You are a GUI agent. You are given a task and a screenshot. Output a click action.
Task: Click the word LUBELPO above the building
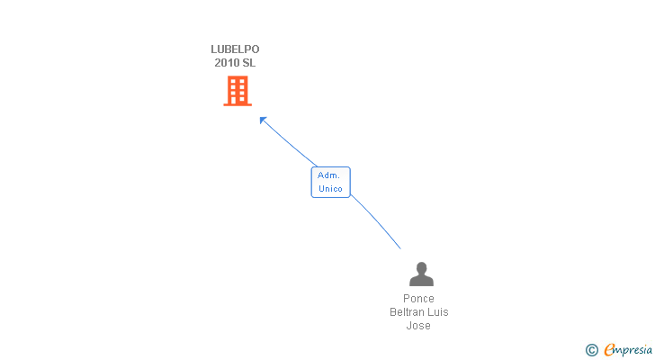[235, 49]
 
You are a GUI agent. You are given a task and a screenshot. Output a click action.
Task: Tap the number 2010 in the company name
[227, 63]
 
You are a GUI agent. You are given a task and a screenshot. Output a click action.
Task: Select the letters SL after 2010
[248, 63]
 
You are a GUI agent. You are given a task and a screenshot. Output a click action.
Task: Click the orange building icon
[238, 90]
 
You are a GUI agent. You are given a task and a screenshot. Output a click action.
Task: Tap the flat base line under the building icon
[238, 104]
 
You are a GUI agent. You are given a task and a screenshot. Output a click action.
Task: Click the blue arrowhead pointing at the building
[263, 120]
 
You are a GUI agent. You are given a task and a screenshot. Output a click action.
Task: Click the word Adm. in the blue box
[329, 175]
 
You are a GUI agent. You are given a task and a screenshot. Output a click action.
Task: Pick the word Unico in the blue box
[330, 188]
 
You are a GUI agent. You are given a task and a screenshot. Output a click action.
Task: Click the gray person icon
[420, 274]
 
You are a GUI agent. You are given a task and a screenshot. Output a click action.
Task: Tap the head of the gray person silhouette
[420, 267]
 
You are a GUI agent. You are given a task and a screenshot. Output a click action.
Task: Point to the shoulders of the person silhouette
[420, 281]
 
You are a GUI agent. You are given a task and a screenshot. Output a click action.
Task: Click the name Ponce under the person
[418, 299]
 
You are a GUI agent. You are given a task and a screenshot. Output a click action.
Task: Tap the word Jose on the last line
[418, 326]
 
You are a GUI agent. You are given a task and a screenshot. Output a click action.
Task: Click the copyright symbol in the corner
[591, 349]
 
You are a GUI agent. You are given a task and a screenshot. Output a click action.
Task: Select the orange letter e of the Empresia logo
[609, 349]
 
